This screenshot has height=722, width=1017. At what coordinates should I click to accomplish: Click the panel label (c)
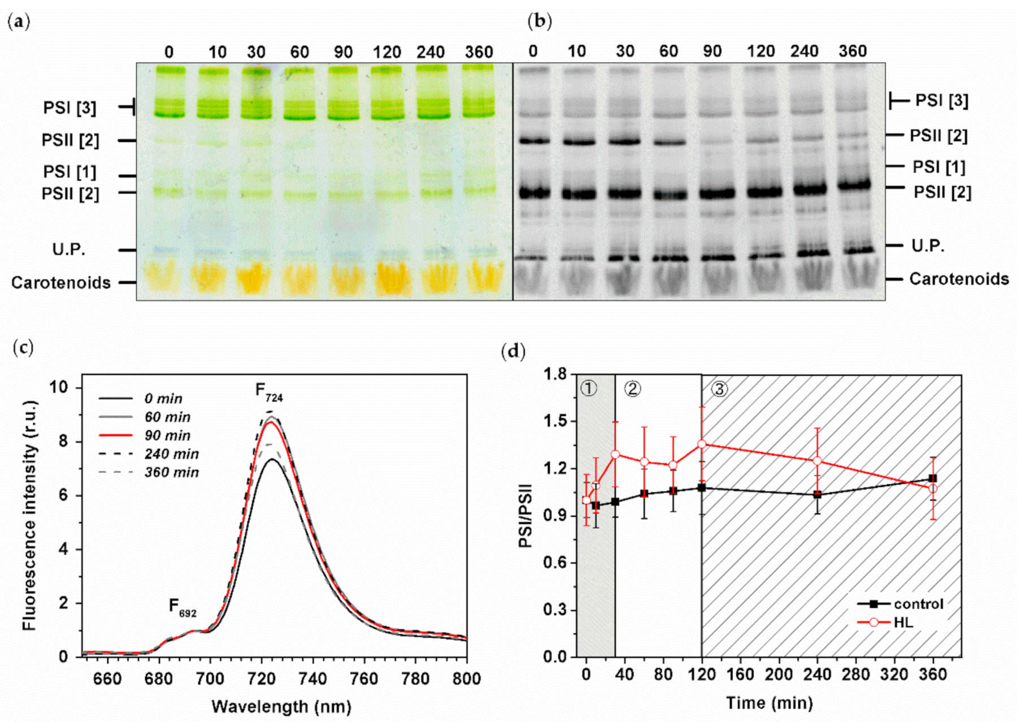pos(23,347)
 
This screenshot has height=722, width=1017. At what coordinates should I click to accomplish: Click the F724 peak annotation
pos(269,392)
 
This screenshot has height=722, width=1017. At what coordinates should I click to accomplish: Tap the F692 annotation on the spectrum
pos(182,607)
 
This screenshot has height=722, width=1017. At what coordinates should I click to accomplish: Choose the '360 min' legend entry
pos(171,472)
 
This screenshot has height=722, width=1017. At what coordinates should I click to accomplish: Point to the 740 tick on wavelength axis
pos(312,678)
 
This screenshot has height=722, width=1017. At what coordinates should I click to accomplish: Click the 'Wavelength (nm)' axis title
pos(281,706)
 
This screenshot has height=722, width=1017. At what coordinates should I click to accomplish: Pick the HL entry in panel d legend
pos(903,623)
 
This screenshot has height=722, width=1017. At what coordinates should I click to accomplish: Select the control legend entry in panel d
pos(918,604)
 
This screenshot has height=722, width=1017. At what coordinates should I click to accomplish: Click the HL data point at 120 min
pos(702,445)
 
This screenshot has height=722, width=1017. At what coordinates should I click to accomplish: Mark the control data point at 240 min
pos(817,494)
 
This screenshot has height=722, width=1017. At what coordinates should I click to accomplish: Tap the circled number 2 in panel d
pos(632,389)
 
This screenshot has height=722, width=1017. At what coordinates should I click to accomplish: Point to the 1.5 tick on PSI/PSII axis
pos(555,421)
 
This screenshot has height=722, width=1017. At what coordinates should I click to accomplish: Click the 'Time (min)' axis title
pos(769,703)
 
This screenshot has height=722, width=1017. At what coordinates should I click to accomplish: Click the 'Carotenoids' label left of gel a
pos(60,282)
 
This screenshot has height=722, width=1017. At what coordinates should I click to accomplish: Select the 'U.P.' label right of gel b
pos(927,246)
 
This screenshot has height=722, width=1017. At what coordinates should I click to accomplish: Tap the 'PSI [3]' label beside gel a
pos(69,107)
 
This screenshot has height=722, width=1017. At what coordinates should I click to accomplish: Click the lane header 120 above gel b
pos(760,51)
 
